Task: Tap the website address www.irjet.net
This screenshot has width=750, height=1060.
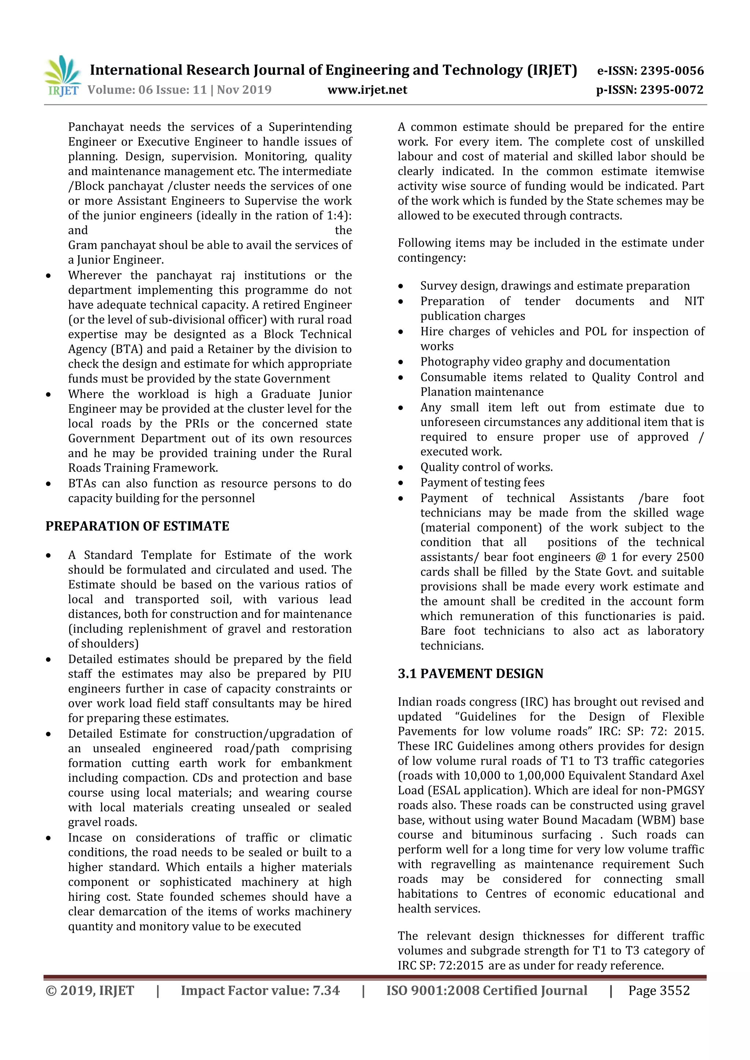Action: point(367,90)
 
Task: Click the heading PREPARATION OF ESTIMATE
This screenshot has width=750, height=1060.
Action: point(137,526)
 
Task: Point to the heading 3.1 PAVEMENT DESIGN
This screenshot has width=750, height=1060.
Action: point(470,673)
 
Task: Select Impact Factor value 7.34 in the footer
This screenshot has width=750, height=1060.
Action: point(260,991)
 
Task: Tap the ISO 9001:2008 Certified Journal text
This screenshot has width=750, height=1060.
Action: point(487,991)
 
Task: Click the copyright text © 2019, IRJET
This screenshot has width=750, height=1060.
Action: point(90,991)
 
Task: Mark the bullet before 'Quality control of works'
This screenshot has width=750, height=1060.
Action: point(401,468)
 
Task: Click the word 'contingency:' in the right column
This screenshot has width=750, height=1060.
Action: point(431,258)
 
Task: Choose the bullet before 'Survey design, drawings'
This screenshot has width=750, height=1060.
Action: point(401,286)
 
